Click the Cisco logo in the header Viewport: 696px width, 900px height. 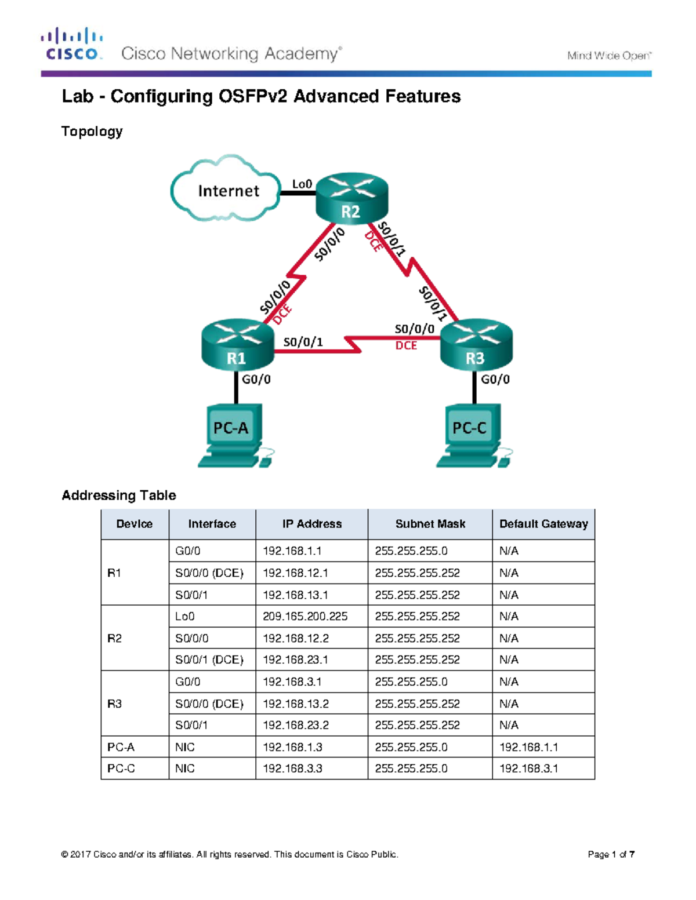71,44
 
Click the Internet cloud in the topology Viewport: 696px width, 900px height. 226,190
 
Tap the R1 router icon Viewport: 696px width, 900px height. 237,344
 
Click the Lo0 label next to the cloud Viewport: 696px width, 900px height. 302,184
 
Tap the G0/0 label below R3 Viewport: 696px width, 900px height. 495,380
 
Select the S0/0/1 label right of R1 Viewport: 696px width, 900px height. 303,342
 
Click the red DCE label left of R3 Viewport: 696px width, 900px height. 406,345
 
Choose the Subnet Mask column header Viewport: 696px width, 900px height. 430,524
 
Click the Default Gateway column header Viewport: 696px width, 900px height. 543,524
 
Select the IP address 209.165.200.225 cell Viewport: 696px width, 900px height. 305,617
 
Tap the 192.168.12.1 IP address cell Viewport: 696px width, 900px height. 295,573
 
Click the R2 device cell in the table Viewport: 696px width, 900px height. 115,638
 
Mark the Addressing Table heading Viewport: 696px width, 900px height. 119,495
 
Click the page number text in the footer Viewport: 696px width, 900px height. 611,854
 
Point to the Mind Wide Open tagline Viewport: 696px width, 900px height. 609,56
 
